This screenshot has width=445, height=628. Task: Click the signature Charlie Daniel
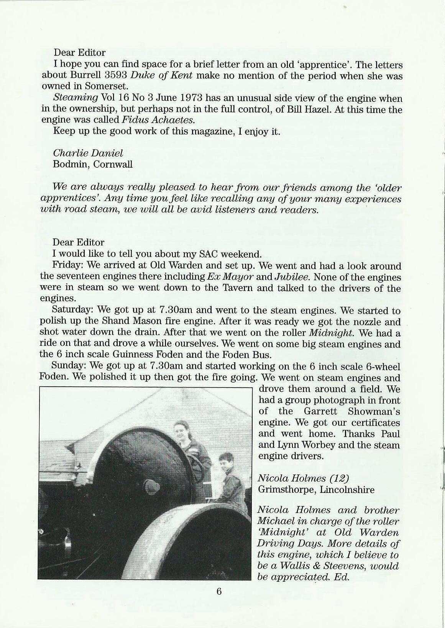[x=88, y=153]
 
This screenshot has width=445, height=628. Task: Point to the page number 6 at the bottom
[x=219, y=591]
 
